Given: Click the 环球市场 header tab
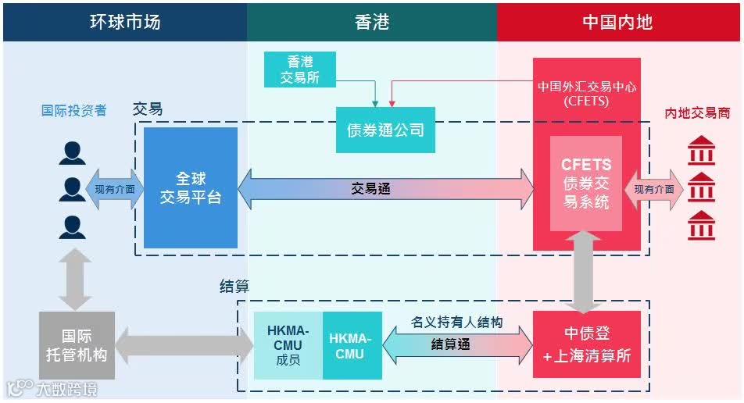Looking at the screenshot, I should pyautogui.click(x=125, y=21).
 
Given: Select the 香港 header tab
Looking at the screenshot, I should pyautogui.click(x=372, y=21).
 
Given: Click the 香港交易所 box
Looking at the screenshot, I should pyautogui.click(x=300, y=70).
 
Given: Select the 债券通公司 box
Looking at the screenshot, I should pyautogui.click(x=385, y=130).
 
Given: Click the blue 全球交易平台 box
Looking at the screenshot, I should pyautogui.click(x=191, y=187).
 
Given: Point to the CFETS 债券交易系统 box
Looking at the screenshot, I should pyautogui.click(x=586, y=184).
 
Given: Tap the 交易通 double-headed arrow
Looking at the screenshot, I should pyautogui.click(x=386, y=189).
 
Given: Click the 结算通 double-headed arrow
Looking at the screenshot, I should pyautogui.click(x=457, y=344).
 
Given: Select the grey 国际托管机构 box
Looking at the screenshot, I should pyautogui.click(x=77, y=345).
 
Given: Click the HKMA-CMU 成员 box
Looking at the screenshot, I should pyautogui.click(x=288, y=345).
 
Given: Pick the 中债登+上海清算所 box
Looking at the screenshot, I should pyautogui.click(x=587, y=344).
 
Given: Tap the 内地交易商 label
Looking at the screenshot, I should pyautogui.click(x=697, y=112).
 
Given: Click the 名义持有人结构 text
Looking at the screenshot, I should pyautogui.click(x=456, y=322).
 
